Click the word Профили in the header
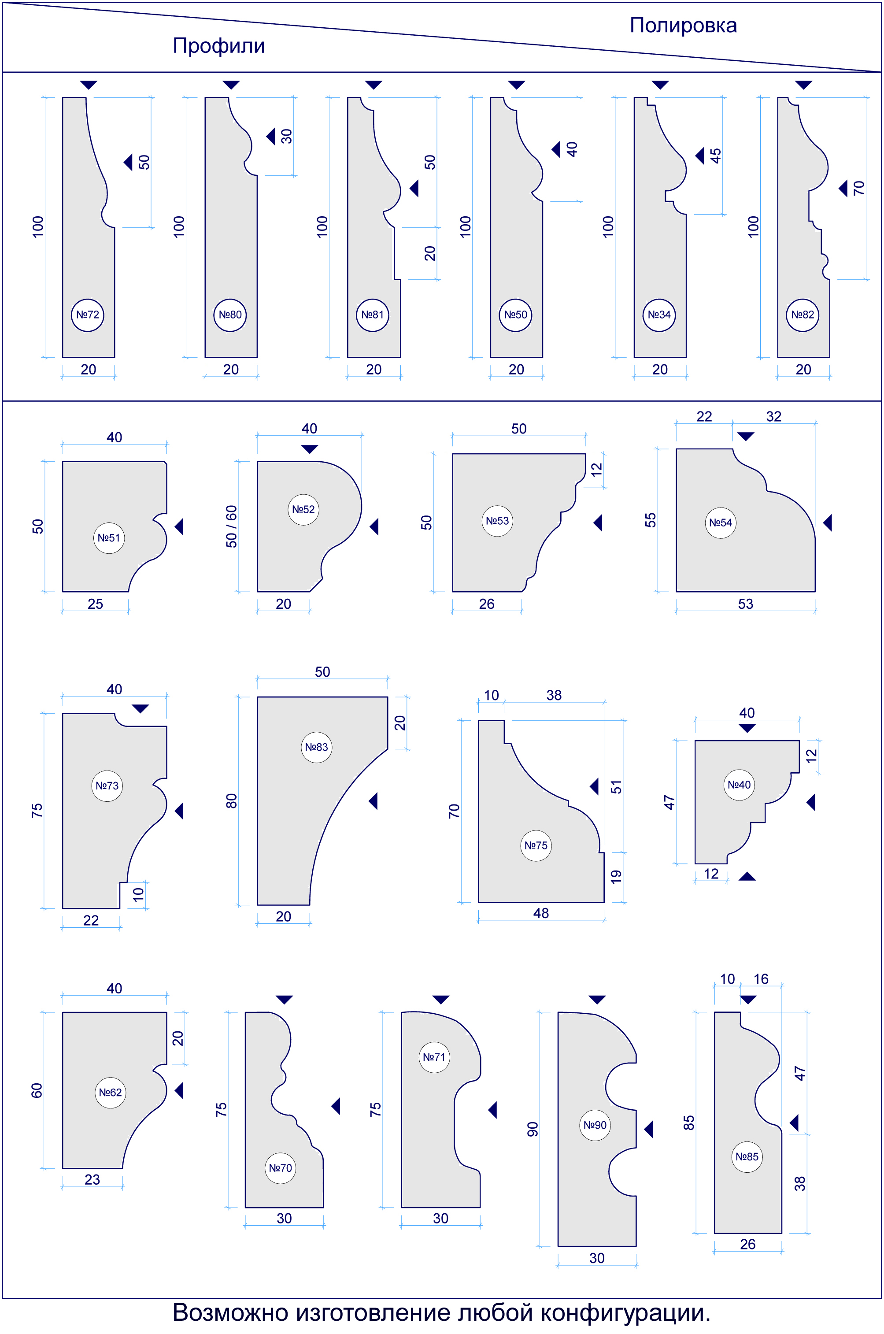click(219, 46)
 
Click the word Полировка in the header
click(683, 26)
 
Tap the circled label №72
click(87, 315)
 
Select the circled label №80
click(230, 315)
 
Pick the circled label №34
click(659, 315)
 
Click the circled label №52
click(303, 510)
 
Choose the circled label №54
click(721, 522)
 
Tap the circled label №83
click(316, 747)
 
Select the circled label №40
click(739, 785)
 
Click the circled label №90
click(595, 1125)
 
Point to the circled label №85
click(747, 1157)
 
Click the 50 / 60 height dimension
click(231, 526)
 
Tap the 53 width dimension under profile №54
click(745, 604)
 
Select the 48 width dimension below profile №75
click(540, 913)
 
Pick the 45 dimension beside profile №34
click(715, 156)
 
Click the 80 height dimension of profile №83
click(231, 800)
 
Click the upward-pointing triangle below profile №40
click(747, 876)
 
